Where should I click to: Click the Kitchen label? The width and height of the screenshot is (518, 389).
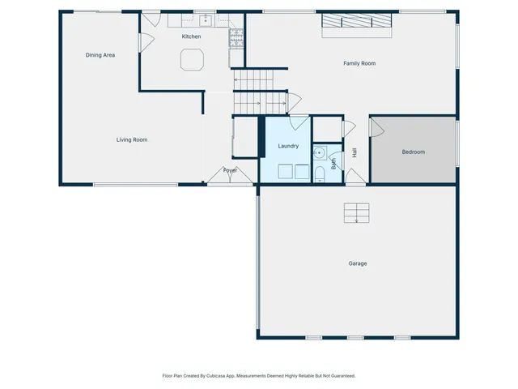[191, 36]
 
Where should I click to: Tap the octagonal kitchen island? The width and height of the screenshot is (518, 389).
[193, 60]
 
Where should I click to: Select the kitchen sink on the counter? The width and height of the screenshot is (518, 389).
[206, 19]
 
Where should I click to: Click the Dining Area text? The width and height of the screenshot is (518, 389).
[100, 55]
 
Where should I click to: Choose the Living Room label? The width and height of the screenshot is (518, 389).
[131, 140]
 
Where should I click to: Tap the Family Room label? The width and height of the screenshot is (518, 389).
[359, 63]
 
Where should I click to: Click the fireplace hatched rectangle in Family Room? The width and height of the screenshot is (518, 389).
[357, 23]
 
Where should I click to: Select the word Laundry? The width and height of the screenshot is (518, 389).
[288, 146]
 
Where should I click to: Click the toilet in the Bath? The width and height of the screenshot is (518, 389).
[320, 175]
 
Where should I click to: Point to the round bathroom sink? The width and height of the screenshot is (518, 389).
[321, 151]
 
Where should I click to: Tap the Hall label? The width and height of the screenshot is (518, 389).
[355, 152]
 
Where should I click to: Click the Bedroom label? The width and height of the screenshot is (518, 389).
[413, 152]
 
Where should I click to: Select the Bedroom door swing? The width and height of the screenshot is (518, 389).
[377, 127]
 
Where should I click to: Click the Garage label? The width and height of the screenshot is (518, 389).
[358, 263]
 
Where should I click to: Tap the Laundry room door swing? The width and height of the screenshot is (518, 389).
[299, 123]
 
